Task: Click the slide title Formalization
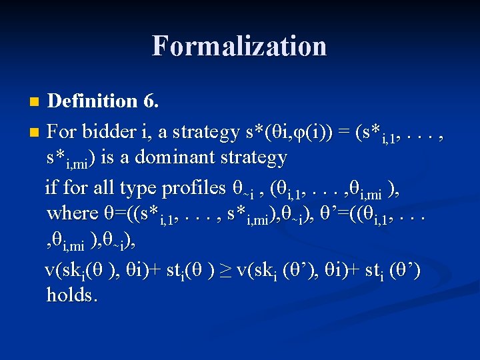coord(239,46)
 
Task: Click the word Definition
coord(93,101)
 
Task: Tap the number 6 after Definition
coord(151,101)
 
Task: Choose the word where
coord(73,213)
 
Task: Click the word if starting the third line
coord(51,187)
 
